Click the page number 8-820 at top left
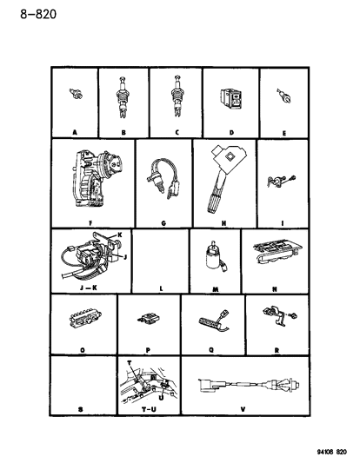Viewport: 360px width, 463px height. pyautogui.click(x=38, y=14)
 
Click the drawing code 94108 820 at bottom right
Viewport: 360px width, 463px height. pyautogui.click(x=331, y=452)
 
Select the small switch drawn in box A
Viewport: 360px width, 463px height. pyautogui.click(x=76, y=94)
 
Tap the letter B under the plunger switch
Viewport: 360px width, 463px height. pyautogui.click(x=123, y=133)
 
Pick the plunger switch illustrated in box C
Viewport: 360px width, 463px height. pyautogui.click(x=177, y=96)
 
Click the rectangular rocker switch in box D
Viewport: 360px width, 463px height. pyautogui.click(x=230, y=100)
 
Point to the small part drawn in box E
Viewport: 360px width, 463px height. pyautogui.click(x=283, y=95)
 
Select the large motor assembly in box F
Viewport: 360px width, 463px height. pyautogui.click(x=97, y=178)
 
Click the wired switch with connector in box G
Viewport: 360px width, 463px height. pyautogui.click(x=162, y=178)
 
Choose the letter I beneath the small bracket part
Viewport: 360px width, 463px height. pyautogui.click(x=283, y=223)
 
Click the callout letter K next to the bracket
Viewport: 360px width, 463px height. pyautogui.click(x=120, y=235)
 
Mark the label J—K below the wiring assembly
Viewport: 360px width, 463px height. pyautogui.click(x=89, y=288)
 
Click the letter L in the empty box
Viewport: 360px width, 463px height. pyautogui.click(x=161, y=288)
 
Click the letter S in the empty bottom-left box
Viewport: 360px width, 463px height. pyautogui.click(x=81, y=409)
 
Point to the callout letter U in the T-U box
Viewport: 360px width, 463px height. pyautogui.click(x=161, y=398)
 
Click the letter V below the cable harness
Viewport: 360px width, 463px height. pyautogui.click(x=243, y=409)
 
